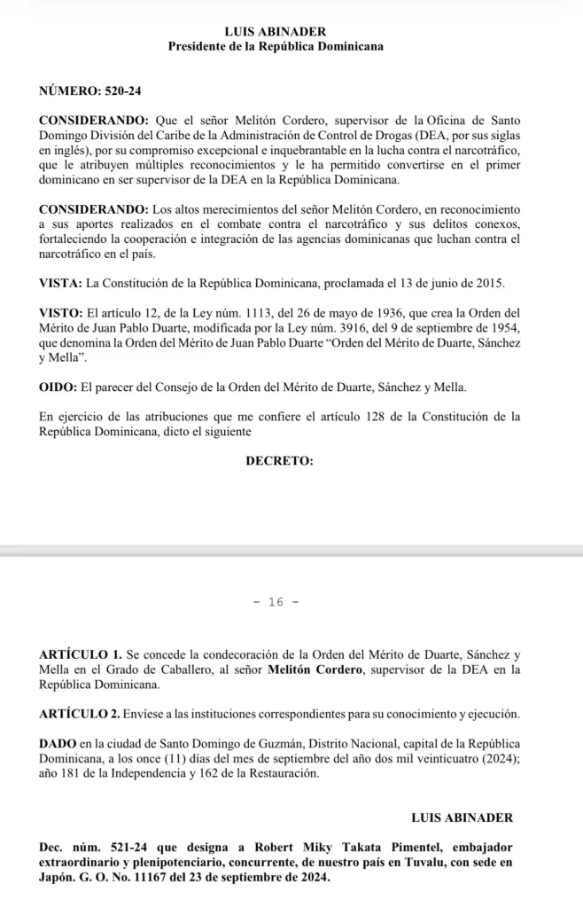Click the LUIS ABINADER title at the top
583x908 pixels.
point(276,31)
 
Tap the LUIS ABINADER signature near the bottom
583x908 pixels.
point(463,817)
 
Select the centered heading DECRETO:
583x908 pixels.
point(279,461)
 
